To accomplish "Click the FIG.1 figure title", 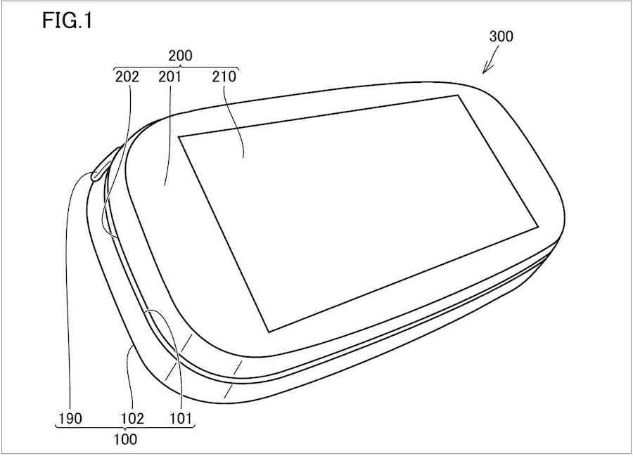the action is click(68, 21).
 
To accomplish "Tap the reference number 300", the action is click(501, 37).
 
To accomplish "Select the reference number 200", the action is click(180, 56).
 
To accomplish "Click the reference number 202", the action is click(127, 77).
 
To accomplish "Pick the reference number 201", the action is click(170, 77).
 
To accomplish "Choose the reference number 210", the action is click(224, 77).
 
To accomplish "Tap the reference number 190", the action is click(70, 419).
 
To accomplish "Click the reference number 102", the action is click(132, 419).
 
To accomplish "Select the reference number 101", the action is click(180, 419).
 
